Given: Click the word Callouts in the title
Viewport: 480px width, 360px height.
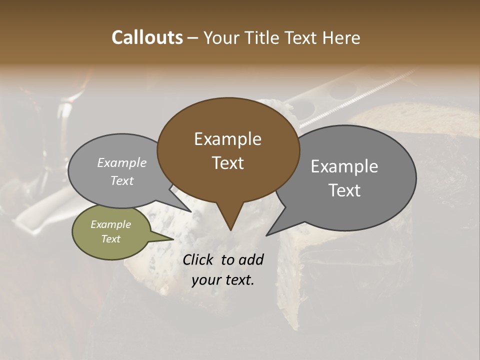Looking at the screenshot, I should [147, 37].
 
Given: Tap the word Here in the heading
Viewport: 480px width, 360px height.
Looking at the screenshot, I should [342, 37].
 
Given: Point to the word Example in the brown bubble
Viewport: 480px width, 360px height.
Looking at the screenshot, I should [227, 139].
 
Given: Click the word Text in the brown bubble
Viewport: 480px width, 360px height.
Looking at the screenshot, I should [227, 163].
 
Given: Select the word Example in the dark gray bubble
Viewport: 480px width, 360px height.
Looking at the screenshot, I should [344, 166].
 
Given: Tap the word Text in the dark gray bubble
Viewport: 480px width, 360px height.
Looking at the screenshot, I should [344, 190].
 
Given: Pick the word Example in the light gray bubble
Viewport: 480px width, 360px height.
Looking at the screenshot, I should [121, 163].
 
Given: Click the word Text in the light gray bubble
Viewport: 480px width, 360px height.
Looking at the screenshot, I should [121, 181].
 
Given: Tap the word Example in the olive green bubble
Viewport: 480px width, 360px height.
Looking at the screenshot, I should [110, 224].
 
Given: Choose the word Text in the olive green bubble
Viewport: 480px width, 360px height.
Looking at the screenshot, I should [110, 239].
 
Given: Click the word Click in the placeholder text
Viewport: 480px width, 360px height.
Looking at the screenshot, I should [198, 259].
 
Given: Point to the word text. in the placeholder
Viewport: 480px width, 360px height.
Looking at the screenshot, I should [238, 280].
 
